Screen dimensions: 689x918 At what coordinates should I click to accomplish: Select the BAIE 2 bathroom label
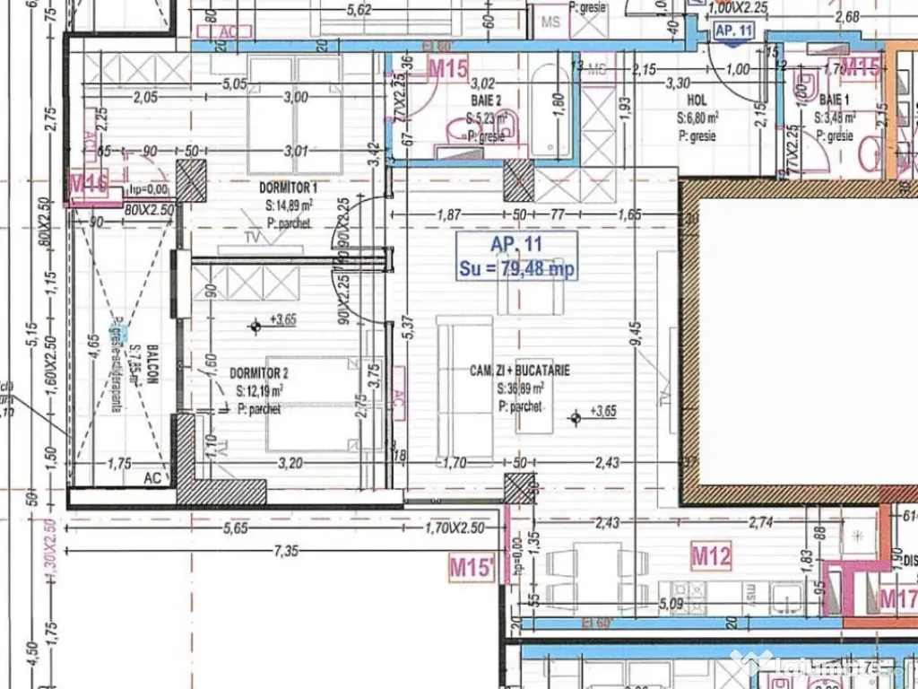click(485, 101)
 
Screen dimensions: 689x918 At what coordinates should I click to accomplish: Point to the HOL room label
click(697, 101)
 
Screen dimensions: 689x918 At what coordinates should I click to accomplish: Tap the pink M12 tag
click(711, 557)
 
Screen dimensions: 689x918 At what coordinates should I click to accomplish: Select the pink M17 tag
click(896, 597)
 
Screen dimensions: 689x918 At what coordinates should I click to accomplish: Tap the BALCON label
click(153, 364)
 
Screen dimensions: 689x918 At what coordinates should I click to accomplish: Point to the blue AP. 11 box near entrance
click(733, 30)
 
